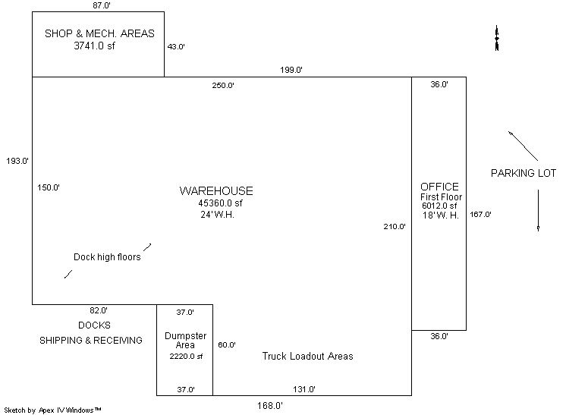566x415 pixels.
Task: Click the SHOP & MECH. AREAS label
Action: tap(99, 33)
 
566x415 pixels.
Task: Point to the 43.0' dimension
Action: tap(176, 46)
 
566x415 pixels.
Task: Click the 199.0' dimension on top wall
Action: tap(291, 70)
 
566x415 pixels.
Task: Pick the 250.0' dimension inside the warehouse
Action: tap(223, 85)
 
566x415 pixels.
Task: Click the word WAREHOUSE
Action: tap(216, 190)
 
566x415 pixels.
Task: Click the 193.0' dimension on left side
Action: tap(17, 161)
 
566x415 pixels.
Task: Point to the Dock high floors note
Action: tap(107, 256)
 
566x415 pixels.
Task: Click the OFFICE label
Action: tap(439, 187)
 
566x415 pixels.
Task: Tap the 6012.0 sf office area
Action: tap(439, 206)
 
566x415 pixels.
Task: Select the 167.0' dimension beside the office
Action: tap(480, 215)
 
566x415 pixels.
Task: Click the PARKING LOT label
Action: tap(524, 173)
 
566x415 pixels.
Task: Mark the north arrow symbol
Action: tap(496, 39)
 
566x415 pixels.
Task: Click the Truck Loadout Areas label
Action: tap(307, 356)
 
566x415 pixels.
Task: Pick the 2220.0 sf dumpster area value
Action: tap(186, 356)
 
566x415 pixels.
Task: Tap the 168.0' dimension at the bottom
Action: tap(269, 405)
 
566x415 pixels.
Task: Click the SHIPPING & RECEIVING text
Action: tap(91, 341)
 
